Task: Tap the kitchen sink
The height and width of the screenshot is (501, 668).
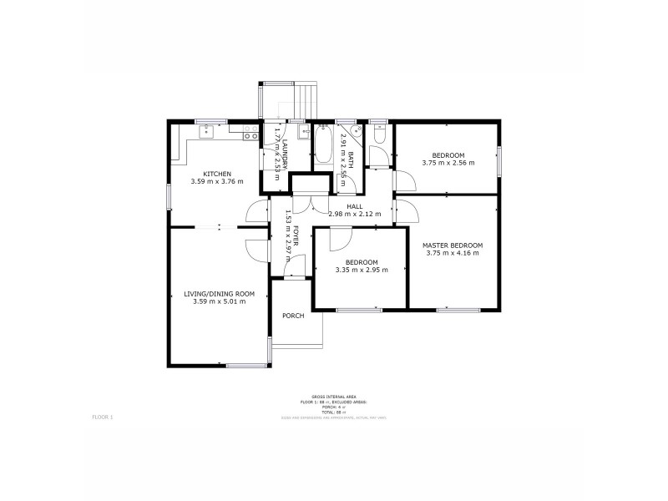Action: (x=207, y=131)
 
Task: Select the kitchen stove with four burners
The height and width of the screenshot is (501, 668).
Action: (x=249, y=131)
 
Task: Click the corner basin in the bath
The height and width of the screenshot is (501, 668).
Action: (x=357, y=132)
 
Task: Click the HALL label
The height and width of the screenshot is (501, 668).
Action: (x=355, y=206)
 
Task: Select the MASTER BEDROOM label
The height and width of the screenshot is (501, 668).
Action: (x=453, y=245)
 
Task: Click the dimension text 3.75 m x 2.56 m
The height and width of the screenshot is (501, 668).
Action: (x=448, y=163)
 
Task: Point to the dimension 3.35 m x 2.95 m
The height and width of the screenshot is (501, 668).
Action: (x=362, y=270)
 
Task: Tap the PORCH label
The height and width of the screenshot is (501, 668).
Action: (x=292, y=316)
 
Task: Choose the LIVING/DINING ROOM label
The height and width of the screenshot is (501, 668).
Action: (x=219, y=293)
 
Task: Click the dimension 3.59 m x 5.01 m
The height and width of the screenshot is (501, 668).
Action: (x=219, y=301)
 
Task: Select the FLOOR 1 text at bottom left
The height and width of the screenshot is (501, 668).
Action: (x=101, y=415)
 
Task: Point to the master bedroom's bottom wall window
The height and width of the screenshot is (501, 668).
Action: (x=458, y=310)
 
